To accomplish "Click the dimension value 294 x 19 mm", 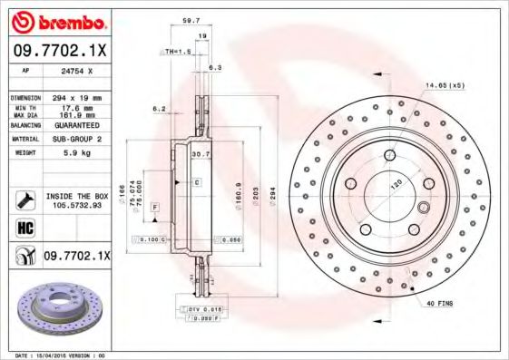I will click(x=76, y=96).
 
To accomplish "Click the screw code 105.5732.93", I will click(x=76, y=205).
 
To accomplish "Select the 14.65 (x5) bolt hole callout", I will click(x=445, y=84).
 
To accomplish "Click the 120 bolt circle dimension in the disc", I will click(x=396, y=182).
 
